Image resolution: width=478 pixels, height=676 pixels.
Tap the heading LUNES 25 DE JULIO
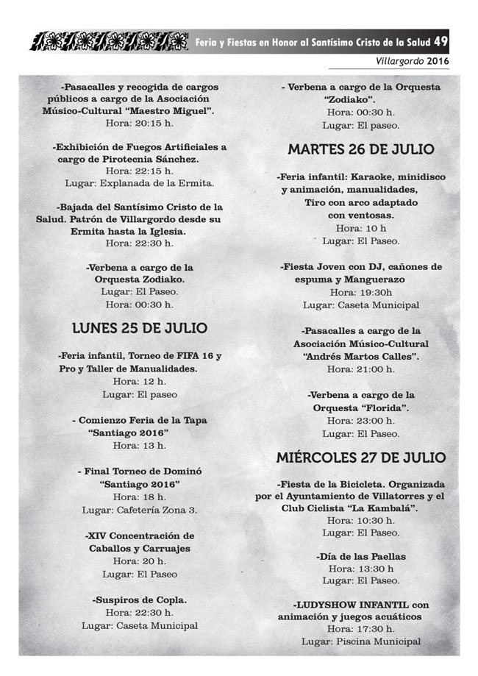tap(140, 328)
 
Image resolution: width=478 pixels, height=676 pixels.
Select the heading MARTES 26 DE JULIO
tap(361, 150)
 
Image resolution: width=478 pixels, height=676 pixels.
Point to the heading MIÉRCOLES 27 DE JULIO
tap(361, 457)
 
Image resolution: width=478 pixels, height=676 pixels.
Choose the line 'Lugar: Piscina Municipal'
tap(361, 641)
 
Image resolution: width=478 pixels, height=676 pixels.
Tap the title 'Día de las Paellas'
tap(361, 557)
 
